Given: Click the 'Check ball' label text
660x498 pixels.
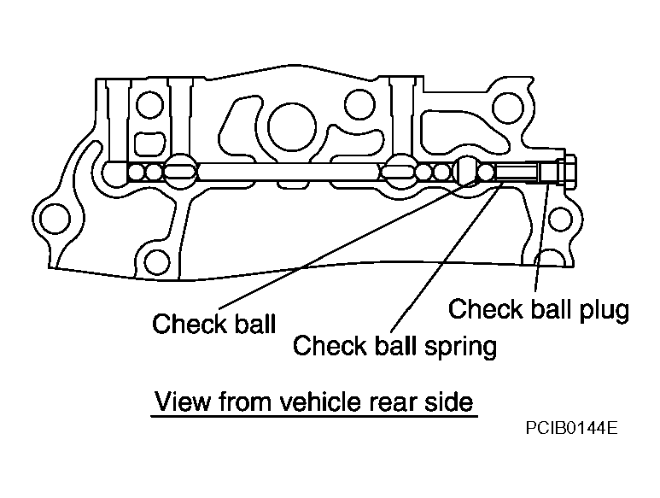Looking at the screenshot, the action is point(213,323).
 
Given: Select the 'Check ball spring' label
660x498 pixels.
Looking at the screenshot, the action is point(394,346).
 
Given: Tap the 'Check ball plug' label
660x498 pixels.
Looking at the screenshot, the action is point(539,309).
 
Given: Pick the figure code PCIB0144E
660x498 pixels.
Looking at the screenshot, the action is point(571,428).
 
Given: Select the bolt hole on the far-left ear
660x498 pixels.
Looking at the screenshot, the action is point(55,219).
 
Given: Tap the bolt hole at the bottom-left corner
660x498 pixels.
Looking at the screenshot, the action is point(157,262).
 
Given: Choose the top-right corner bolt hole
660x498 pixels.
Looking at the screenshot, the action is point(508,108).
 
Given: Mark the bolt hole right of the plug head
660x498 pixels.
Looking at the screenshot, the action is point(561,219).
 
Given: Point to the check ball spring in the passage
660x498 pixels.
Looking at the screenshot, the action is point(517,172).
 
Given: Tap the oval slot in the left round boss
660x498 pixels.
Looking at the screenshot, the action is point(180,172).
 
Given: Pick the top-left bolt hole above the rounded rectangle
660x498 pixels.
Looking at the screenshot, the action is point(149,104).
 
